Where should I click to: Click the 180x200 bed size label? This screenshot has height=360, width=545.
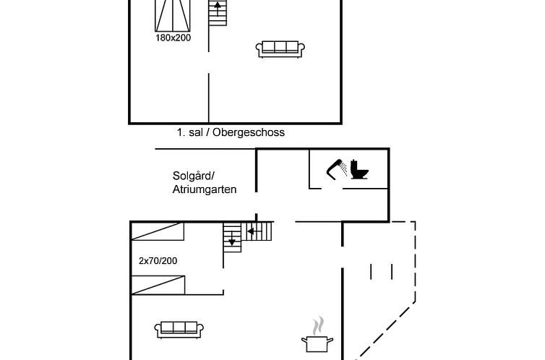point(173,38)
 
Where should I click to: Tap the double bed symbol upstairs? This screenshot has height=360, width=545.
point(173,14)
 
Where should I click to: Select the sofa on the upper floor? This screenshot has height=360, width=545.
point(281,48)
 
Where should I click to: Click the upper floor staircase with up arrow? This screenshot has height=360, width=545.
point(218,12)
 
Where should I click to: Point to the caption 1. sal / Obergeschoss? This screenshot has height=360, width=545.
point(231,132)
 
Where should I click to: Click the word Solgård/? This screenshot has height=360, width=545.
point(194,176)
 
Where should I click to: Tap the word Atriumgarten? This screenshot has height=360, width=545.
point(205,189)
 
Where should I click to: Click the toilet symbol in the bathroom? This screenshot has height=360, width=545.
point(359,170)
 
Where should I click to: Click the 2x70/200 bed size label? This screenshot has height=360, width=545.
point(158,260)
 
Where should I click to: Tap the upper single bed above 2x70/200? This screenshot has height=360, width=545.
point(158,231)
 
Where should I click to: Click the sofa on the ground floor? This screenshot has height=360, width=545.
point(177,329)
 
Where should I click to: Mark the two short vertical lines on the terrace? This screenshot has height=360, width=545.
point(381,272)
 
